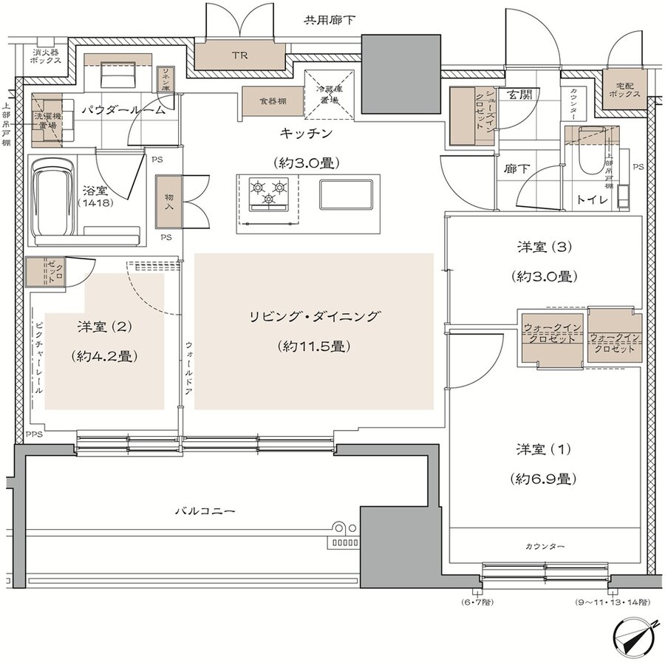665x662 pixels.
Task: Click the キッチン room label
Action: tap(307, 133)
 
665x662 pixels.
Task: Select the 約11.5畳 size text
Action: tap(313, 346)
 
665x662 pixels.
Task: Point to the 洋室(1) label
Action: tap(543, 449)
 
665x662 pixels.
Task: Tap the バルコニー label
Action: tap(205, 511)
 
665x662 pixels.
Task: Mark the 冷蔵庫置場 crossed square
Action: tap(330, 94)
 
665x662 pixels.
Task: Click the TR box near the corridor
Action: tap(239, 55)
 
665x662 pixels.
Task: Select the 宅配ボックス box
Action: tap(621, 90)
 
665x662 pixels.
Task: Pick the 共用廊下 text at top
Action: tap(330, 19)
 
